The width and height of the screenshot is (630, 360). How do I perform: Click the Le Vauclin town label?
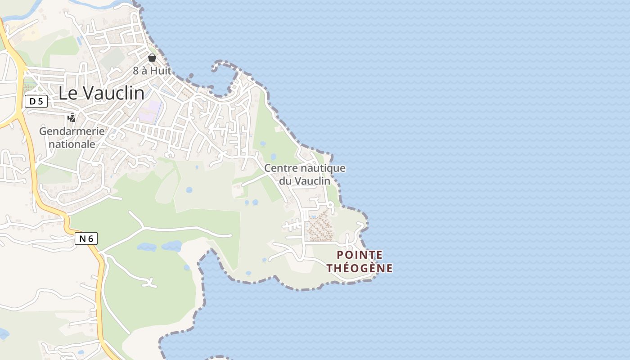tap(102, 93)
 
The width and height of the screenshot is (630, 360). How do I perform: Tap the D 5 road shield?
tap(36, 101)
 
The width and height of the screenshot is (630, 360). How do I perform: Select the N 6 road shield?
tap(86, 238)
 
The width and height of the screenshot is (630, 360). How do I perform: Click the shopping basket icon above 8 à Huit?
tap(152, 58)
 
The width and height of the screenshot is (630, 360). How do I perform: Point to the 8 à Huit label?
tap(152, 71)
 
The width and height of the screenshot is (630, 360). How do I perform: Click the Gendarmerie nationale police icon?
tap(71, 118)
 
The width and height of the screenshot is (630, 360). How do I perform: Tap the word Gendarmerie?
tap(72, 131)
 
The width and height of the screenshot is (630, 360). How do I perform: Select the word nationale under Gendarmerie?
tap(72, 144)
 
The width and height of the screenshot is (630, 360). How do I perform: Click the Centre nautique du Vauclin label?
tap(305, 174)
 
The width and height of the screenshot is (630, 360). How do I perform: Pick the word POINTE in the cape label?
tap(360, 255)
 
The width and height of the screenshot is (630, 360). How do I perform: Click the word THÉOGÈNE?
tap(360, 268)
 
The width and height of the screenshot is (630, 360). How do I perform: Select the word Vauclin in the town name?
tap(114, 93)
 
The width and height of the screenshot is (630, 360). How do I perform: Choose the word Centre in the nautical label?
tap(280, 168)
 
